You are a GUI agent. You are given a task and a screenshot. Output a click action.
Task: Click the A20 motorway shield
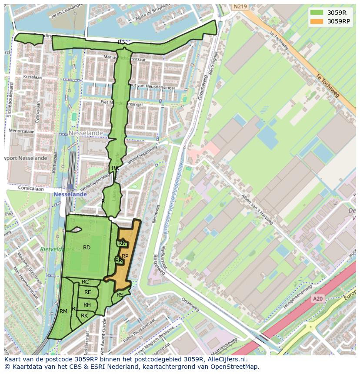point(317,299)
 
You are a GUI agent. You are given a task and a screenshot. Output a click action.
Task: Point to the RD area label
point(87,248)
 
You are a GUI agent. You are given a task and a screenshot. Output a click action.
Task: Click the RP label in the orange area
point(125,256)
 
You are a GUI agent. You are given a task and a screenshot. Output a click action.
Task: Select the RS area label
point(120,295)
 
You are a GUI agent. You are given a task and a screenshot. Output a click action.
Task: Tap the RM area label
point(63,311)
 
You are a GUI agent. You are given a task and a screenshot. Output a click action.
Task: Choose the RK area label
point(84,316)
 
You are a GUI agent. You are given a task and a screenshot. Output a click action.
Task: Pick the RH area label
point(87,305)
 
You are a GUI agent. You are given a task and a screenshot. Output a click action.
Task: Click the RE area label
point(87,292)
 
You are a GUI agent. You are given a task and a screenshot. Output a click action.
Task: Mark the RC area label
point(85,282)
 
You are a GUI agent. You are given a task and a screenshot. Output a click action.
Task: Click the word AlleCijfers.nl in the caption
point(226,360)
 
